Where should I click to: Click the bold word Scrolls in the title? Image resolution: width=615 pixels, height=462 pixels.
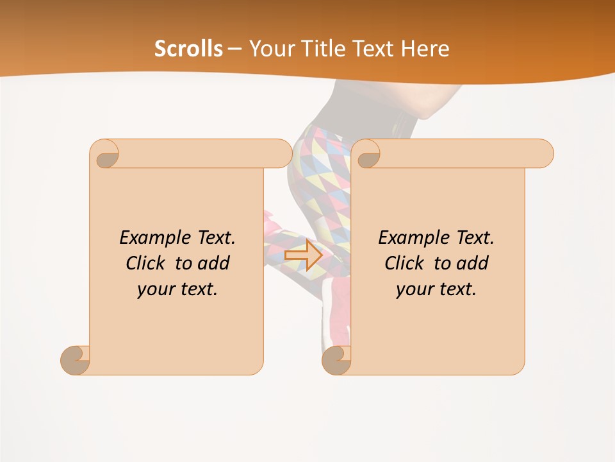[188, 48]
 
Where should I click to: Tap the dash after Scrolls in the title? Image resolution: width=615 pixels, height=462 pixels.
[234, 48]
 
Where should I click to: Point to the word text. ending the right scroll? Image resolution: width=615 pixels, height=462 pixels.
[456, 289]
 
